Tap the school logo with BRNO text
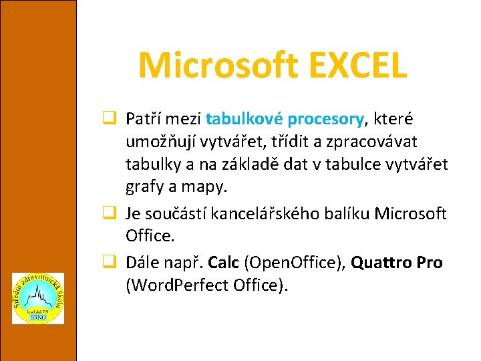click(38, 298)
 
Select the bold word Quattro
click(380, 262)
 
